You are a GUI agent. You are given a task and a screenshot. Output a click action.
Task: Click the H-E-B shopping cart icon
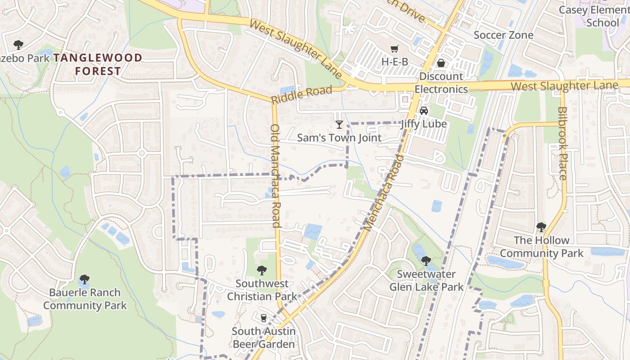(x=395, y=49)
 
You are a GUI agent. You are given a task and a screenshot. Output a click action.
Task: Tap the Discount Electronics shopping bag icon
(x=441, y=63)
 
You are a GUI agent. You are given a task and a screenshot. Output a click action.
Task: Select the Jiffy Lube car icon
(x=423, y=111)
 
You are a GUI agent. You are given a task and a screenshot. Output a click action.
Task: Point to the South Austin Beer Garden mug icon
(x=264, y=318)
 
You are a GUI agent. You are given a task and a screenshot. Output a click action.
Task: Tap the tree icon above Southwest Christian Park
(x=262, y=270)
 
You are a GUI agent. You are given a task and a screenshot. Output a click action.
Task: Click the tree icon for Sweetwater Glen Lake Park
(x=426, y=261)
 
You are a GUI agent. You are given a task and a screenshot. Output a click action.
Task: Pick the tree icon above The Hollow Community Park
(x=541, y=227)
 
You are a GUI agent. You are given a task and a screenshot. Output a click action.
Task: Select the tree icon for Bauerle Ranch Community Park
(x=85, y=279)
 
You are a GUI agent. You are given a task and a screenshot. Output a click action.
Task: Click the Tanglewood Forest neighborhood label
(x=98, y=64)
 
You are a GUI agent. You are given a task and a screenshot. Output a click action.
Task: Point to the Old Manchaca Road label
(x=275, y=176)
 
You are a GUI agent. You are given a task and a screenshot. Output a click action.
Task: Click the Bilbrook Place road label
(x=562, y=143)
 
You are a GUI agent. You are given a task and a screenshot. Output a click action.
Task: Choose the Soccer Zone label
(x=504, y=35)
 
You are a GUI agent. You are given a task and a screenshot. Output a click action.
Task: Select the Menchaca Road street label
(x=383, y=193)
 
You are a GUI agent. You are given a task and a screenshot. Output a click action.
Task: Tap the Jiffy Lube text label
(x=424, y=124)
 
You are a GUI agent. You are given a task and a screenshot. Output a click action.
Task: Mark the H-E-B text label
(x=395, y=62)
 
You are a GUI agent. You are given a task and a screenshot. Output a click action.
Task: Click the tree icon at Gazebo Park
(x=18, y=45)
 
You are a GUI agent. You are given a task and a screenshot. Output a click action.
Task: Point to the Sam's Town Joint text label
(x=339, y=138)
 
